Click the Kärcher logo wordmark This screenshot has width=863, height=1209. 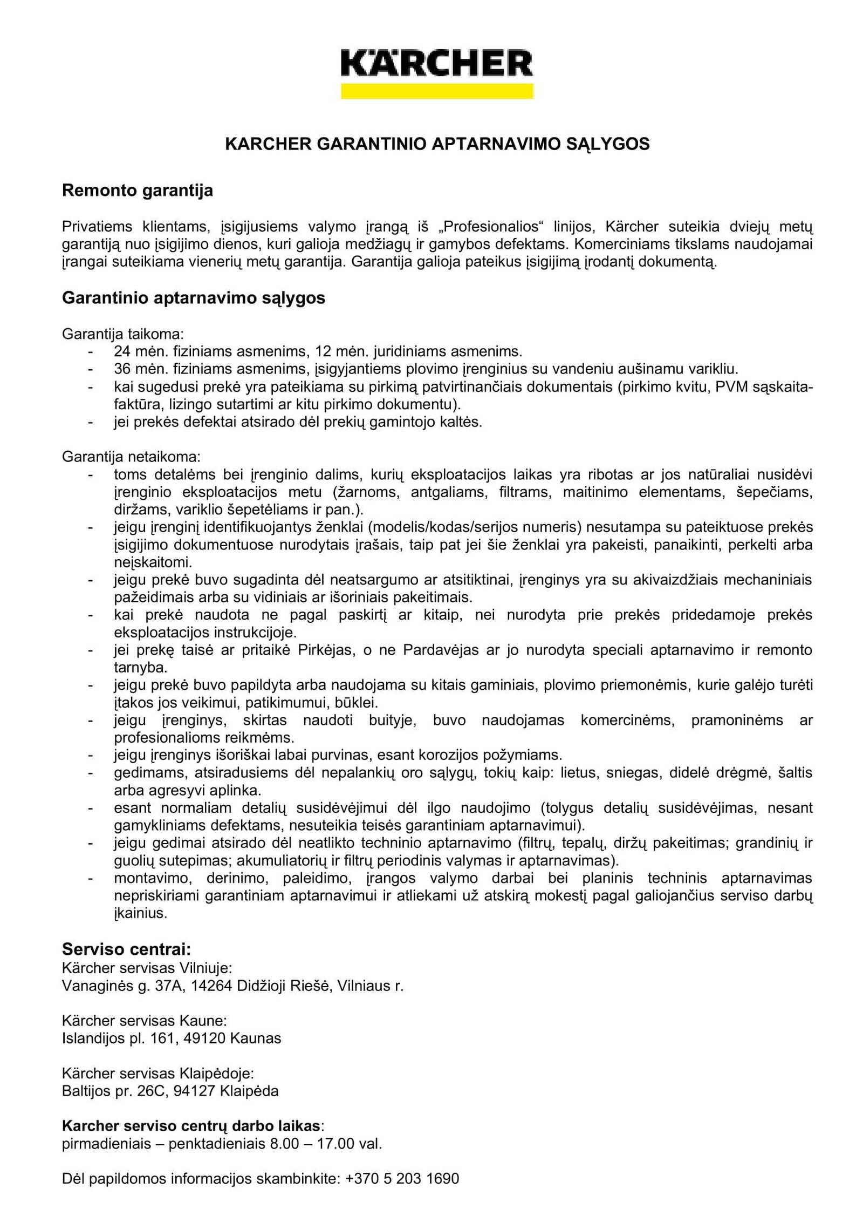pyautogui.click(x=436, y=64)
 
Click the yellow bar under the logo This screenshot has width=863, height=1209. pyautogui.click(x=436, y=91)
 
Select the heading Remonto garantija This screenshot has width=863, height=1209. pyautogui.click(x=137, y=191)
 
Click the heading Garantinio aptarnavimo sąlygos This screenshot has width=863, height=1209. pyautogui.click(x=193, y=298)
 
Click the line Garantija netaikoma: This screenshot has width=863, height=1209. pyautogui.click(x=131, y=457)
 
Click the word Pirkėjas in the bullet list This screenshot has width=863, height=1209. pyautogui.click(x=326, y=650)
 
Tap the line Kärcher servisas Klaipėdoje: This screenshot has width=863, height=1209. pyautogui.click(x=157, y=1073)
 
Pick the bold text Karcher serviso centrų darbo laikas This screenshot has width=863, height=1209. pyautogui.click(x=191, y=1126)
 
